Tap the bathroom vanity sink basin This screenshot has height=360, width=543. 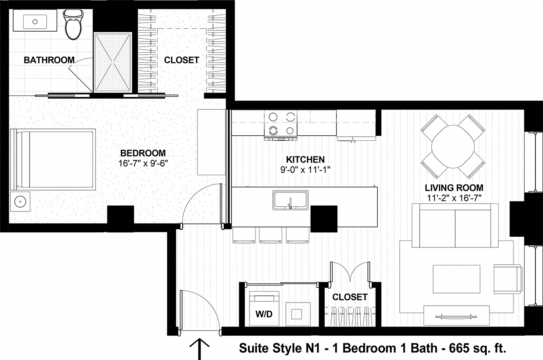33,22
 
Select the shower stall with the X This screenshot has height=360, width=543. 113,62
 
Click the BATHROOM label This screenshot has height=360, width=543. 49,60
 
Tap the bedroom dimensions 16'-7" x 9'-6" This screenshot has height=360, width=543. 143,163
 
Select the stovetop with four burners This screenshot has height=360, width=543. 281,123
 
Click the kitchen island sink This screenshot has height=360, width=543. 290,200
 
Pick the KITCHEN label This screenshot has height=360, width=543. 305,160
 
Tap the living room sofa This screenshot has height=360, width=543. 455,225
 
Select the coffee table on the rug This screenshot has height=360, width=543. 457,279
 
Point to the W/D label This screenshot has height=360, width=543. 264,314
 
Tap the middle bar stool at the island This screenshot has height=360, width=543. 270,235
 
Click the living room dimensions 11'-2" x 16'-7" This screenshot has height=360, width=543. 454,197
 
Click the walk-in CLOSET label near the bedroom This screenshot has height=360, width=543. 181,60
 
